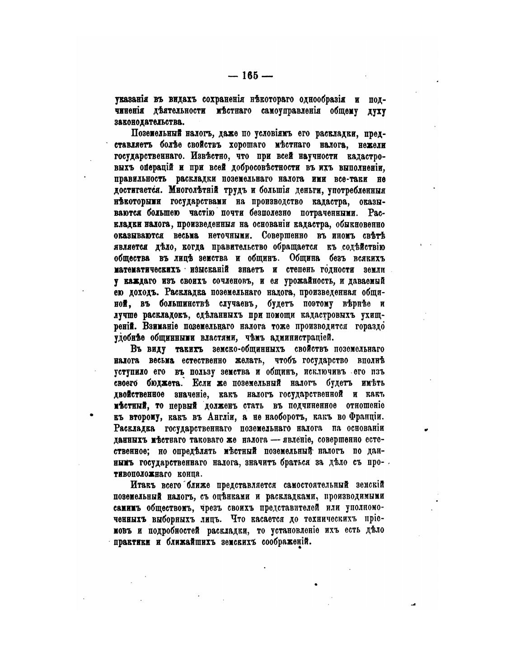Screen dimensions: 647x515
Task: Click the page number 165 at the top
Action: pyautogui.click(x=250, y=76)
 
